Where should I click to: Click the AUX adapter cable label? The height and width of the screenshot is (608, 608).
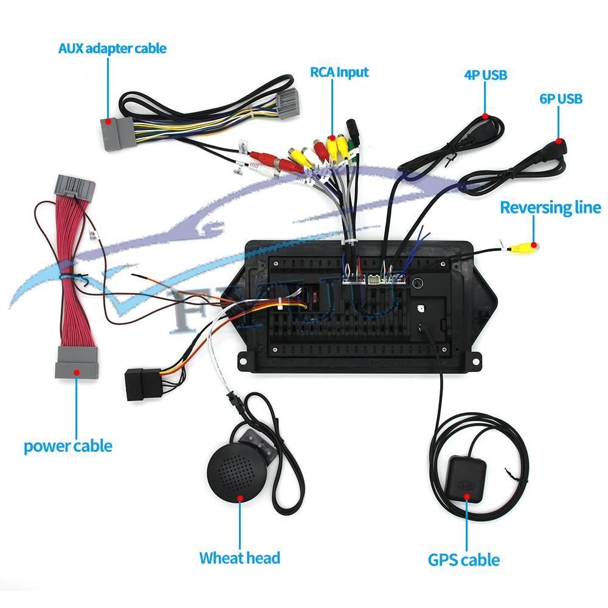tap(112, 48)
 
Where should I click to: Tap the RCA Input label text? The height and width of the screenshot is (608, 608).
tap(331, 72)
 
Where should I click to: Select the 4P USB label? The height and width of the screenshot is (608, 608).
tap(485, 75)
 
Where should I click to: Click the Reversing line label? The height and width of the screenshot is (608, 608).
tap(550, 208)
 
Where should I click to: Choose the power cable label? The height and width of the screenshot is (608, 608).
tap(68, 446)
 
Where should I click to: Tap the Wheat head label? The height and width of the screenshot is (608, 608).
tap(240, 558)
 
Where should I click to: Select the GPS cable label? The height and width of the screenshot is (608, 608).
tap(464, 559)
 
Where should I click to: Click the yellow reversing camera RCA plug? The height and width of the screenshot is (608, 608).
tap(523, 247)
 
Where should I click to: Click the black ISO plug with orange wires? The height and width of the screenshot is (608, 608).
tap(142, 384)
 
